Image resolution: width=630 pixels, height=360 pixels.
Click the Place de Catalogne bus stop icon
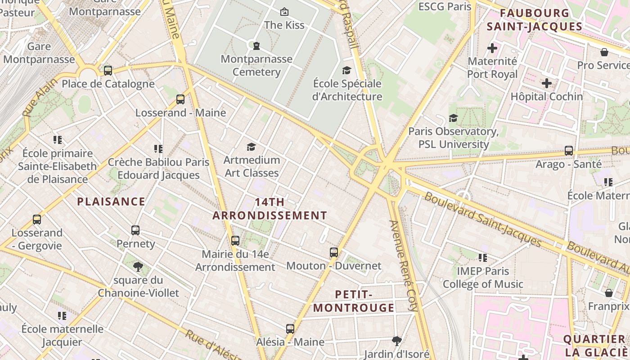(108, 71)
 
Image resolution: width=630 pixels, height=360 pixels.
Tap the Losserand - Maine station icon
(180, 99)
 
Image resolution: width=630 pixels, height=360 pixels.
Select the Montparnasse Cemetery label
(256, 65)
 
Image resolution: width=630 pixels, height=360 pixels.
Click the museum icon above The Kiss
(284, 12)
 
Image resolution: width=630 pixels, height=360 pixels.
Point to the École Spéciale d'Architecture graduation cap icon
(346, 70)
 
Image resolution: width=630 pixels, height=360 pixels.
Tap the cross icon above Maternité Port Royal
(492, 48)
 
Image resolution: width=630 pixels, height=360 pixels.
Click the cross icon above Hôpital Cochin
(547, 83)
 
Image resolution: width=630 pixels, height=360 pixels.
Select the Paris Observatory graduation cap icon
(453, 118)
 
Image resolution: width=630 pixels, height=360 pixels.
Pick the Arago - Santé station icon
(569, 151)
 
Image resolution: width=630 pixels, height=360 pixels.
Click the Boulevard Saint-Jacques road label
(482, 220)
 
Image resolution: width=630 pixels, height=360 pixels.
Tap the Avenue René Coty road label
(404, 265)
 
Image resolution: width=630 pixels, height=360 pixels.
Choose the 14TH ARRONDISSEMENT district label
(270, 209)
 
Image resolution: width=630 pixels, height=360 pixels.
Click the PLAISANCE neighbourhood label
(111, 202)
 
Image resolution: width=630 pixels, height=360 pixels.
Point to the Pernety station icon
(135, 230)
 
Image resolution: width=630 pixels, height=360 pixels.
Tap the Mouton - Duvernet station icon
(333, 252)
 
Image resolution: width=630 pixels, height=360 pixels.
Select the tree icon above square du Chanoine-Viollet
(138, 267)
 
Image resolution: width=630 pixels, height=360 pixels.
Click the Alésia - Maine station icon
(290, 329)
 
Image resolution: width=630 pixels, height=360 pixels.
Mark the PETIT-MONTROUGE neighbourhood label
(354, 301)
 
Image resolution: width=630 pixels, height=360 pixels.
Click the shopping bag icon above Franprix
(609, 293)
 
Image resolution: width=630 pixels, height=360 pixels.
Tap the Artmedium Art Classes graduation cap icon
(252, 147)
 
